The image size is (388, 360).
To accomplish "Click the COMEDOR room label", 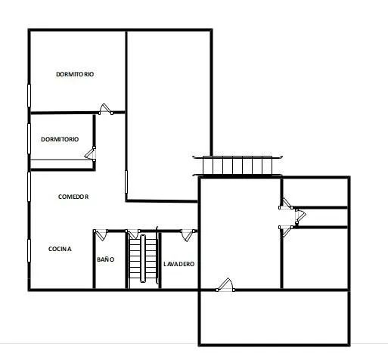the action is click(x=73, y=197).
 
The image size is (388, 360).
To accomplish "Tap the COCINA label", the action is click(x=60, y=249).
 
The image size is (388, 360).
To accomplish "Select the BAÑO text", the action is click(x=106, y=259).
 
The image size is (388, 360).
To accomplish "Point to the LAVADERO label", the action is click(x=179, y=264).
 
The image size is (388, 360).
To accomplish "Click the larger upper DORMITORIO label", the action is click(x=75, y=74).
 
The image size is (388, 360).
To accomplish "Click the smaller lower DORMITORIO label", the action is click(x=60, y=139).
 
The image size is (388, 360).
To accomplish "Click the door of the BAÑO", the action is click(x=101, y=234).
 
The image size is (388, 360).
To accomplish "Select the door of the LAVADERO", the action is click(x=188, y=235).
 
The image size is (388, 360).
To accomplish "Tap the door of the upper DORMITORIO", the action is click(x=106, y=109).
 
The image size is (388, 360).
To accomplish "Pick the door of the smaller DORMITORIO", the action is click(x=90, y=154).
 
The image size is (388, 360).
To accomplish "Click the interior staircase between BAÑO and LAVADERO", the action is click(x=143, y=259).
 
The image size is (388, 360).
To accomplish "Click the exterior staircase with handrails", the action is click(x=237, y=165).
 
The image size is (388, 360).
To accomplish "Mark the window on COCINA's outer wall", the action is click(x=29, y=250).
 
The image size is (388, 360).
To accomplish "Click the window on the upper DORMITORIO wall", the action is click(x=29, y=96).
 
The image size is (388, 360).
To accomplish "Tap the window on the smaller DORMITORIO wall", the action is click(x=29, y=138).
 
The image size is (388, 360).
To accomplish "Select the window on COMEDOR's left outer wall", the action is click(x=29, y=187).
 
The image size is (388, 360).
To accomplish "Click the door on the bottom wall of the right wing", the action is click(x=225, y=284).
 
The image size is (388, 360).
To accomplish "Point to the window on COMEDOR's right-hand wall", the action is click(x=126, y=182).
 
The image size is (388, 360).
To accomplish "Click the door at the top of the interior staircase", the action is click(x=132, y=234).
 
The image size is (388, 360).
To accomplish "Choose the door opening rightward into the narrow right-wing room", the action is click(x=300, y=217).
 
